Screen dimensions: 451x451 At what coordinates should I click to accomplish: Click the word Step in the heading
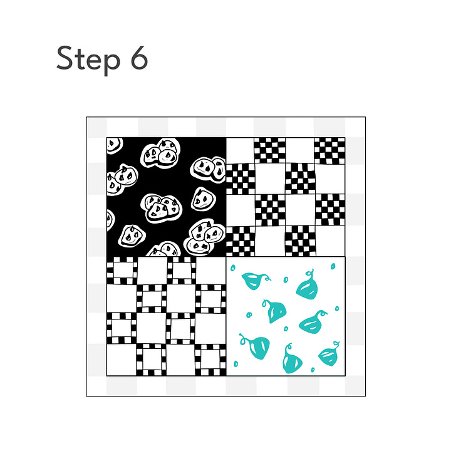coord(88,60)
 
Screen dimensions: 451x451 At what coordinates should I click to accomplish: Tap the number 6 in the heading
coord(139,58)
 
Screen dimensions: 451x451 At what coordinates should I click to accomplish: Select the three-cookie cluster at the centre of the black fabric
coord(162,209)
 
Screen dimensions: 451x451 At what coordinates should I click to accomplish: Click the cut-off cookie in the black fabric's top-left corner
coord(115,145)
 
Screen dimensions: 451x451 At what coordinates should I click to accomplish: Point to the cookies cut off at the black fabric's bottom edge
coord(163,249)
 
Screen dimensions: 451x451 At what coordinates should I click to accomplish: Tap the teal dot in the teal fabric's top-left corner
coord(232,268)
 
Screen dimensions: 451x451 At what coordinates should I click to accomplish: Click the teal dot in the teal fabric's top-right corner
coord(333,266)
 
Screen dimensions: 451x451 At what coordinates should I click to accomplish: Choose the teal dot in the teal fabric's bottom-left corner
coord(236,364)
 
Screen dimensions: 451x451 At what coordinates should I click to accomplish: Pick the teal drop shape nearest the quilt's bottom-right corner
coord(329,355)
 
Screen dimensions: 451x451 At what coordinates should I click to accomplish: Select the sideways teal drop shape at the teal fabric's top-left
coord(254,281)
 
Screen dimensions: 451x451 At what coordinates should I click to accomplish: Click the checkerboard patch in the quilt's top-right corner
coord(329,150)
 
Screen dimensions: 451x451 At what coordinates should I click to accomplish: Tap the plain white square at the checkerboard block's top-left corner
coord(240,150)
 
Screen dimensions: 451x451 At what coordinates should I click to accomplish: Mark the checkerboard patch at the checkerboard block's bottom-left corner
coord(241,241)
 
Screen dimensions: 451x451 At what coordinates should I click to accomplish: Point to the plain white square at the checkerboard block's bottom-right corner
coord(331,241)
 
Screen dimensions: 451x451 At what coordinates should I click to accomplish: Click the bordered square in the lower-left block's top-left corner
coord(122,271)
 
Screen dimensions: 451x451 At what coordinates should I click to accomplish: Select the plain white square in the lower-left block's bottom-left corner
coord(122,360)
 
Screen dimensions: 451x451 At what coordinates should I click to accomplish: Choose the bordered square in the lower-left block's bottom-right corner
coord(210,360)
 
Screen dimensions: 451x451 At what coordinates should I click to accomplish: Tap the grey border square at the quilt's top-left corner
coord(96,128)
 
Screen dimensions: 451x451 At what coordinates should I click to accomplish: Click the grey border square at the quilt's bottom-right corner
coord(355,385)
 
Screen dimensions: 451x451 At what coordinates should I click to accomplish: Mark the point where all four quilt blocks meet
coord(226,257)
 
